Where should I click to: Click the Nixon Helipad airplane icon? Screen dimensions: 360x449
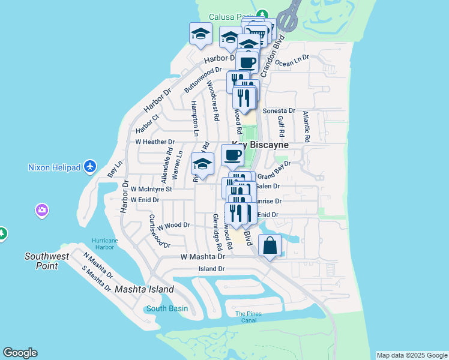[x=90, y=166]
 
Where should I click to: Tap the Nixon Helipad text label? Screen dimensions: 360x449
[x=54, y=167]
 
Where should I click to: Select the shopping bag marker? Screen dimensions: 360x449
[x=270, y=245]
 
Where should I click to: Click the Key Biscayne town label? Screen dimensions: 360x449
[x=261, y=145]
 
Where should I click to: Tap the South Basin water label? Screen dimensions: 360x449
[x=167, y=308]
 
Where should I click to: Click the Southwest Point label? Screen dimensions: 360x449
[x=41, y=261]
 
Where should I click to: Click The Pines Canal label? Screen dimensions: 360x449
[x=248, y=317]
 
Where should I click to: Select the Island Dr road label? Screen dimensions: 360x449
[x=211, y=269]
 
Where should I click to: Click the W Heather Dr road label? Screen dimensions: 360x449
[x=154, y=142]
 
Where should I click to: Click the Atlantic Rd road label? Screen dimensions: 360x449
[x=306, y=127]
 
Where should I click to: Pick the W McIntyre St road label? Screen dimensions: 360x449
[x=151, y=189]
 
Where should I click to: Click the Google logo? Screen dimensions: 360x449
[x=20, y=353]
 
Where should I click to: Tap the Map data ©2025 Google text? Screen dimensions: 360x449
[x=412, y=355]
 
